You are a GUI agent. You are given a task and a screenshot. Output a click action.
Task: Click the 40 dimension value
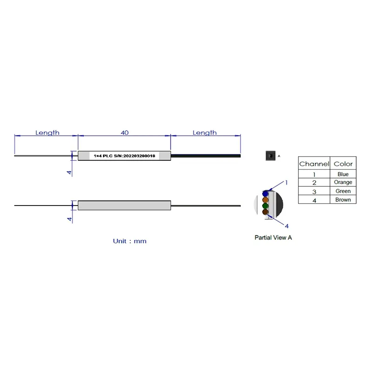(x=125, y=133)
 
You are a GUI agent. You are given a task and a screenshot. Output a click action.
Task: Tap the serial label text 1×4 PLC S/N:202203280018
(x=124, y=156)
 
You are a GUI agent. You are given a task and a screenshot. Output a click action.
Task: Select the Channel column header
(x=314, y=164)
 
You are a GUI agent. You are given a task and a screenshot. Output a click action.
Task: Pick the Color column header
(x=343, y=164)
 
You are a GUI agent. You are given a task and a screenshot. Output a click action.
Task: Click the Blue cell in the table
(x=343, y=174)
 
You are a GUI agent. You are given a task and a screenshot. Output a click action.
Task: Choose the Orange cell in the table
(x=343, y=182)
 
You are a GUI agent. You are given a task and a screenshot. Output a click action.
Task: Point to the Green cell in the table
(x=343, y=191)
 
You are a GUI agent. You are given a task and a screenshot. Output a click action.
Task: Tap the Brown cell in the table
(x=343, y=200)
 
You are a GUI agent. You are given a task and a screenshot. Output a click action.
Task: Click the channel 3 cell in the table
(x=314, y=192)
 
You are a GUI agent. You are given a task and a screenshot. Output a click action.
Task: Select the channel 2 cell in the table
(x=314, y=183)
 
